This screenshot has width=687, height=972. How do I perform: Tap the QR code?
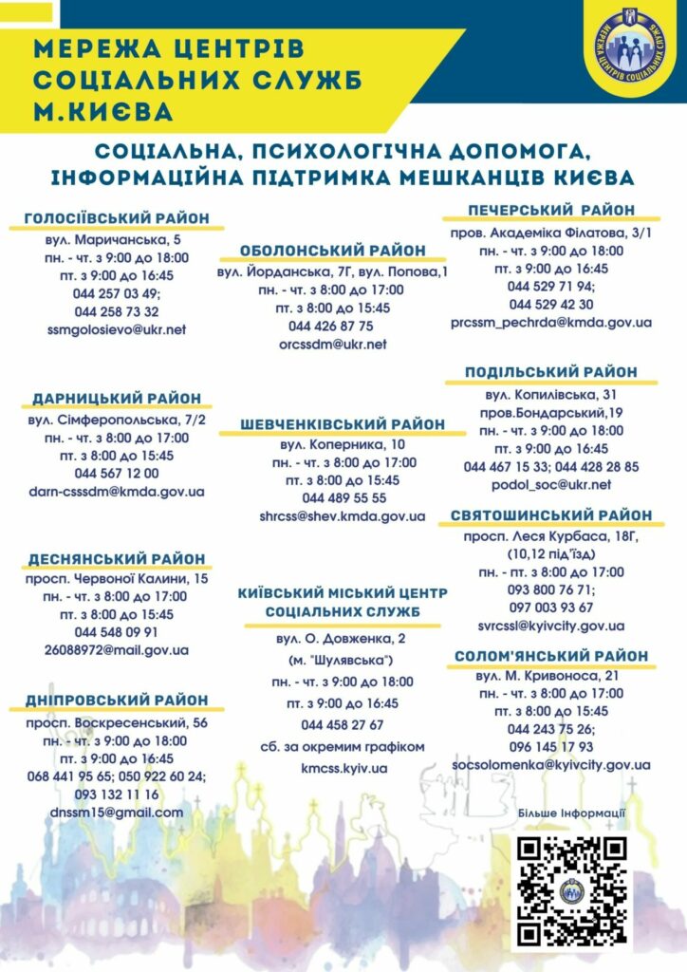(x=570, y=891)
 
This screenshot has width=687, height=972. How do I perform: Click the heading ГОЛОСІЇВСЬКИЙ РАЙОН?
(x=117, y=217)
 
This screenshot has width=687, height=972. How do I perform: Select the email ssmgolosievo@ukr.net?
(x=117, y=329)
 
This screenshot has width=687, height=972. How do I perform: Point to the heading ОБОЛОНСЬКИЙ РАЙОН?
(x=333, y=250)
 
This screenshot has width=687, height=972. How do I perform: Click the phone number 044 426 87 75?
(x=331, y=326)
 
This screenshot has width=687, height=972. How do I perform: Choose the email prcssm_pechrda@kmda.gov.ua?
(x=551, y=322)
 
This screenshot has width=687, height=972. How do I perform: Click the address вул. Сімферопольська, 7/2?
(x=117, y=419)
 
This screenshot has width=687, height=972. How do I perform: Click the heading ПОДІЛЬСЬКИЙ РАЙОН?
(x=551, y=372)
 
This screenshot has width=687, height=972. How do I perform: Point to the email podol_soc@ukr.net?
(x=551, y=484)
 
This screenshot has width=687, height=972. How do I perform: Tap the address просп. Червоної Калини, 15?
(x=117, y=578)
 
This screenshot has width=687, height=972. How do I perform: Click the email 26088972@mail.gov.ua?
(x=117, y=650)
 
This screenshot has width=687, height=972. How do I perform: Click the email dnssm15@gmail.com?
(x=117, y=813)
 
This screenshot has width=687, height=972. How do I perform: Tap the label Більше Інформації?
(x=571, y=813)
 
